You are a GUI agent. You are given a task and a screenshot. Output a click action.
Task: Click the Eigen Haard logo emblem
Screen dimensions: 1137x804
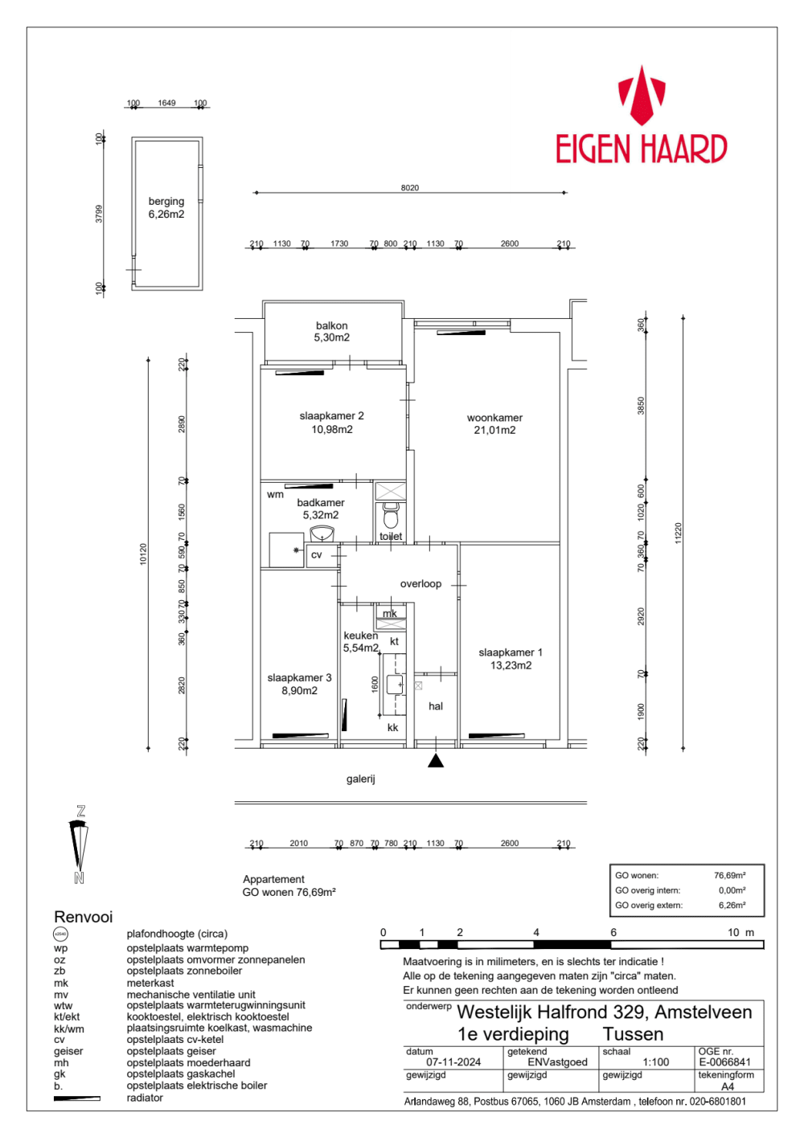click(x=641, y=96)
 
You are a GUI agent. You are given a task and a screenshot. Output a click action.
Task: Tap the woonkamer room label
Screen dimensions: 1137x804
click(x=494, y=423)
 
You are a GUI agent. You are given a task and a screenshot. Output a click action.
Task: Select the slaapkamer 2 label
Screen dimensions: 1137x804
click(x=331, y=423)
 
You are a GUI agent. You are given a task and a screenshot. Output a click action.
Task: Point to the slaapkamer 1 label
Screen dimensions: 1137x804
click(x=511, y=659)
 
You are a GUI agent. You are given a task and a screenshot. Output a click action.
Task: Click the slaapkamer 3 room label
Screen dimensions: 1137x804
click(x=299, y=684)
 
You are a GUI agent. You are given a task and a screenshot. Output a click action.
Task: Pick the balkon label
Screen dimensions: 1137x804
click(x=331, y=332)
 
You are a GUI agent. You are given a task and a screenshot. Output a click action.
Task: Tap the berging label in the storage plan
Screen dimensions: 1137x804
click(x=166, y=207)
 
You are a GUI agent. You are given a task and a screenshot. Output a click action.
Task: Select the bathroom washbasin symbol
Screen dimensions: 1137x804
click(x=322, y=534)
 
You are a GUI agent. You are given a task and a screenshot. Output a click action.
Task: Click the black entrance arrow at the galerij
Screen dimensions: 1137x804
click(x=436, y=760)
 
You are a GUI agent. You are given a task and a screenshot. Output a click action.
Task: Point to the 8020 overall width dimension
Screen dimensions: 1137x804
click(x=410, y=188)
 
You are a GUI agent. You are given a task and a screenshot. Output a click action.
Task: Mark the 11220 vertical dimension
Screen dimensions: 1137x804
click(x=678, y=533)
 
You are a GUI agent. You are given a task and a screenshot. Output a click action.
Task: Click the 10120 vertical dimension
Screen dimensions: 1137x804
click(x=144, y=554)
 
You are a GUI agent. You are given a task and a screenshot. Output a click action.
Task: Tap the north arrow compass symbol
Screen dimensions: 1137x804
click(x=80, y=845)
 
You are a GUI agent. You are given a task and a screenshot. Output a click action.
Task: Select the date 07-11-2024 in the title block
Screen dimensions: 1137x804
click(x=453, y=1062)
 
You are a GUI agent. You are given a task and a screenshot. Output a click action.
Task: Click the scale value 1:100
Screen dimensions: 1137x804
click(x=656, y=1062)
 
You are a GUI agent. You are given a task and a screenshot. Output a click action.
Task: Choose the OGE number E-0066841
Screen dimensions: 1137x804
click(x=724, y=1062)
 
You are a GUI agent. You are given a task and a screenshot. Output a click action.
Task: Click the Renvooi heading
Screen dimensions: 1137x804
click(x=84, y=917)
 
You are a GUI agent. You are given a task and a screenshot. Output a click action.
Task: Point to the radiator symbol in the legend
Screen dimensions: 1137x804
click(x=77, y=1098)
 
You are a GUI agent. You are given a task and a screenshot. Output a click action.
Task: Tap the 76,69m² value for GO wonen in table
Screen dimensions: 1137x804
click(x=729, y=876)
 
